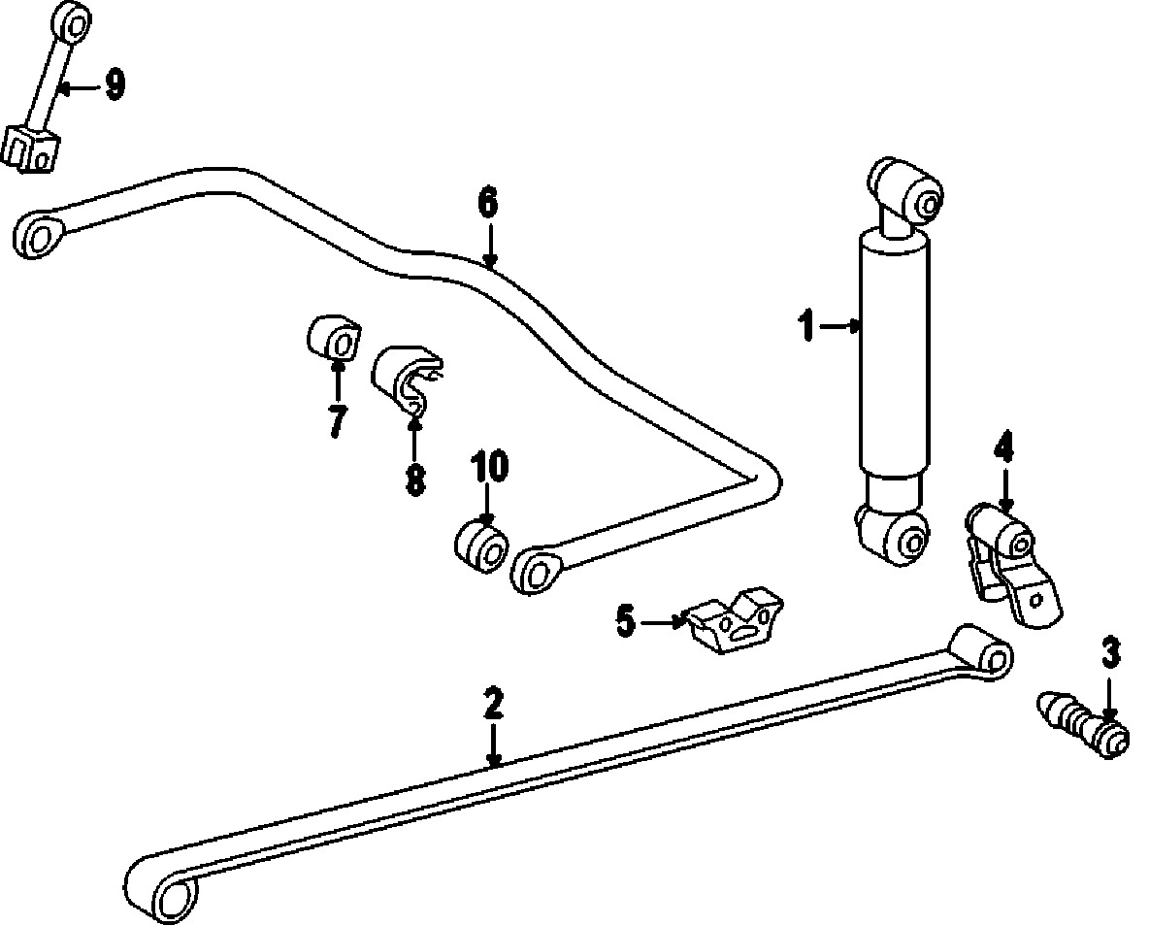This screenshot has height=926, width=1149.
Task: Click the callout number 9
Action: click(115, 85)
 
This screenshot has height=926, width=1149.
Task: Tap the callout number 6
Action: click(488, 204)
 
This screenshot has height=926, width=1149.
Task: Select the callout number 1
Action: click(806, 327)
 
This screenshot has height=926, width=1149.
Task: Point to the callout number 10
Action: click(490, 467)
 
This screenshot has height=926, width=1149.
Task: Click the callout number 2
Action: click(494, 702)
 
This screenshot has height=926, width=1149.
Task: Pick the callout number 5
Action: click(625, 620)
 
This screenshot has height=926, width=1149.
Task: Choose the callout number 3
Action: click(1110, 652)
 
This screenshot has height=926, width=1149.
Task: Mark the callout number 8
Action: click(415, 479)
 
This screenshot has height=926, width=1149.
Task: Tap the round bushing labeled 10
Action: click(481, 547)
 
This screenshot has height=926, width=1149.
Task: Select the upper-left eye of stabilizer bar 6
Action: click(39, 234)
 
